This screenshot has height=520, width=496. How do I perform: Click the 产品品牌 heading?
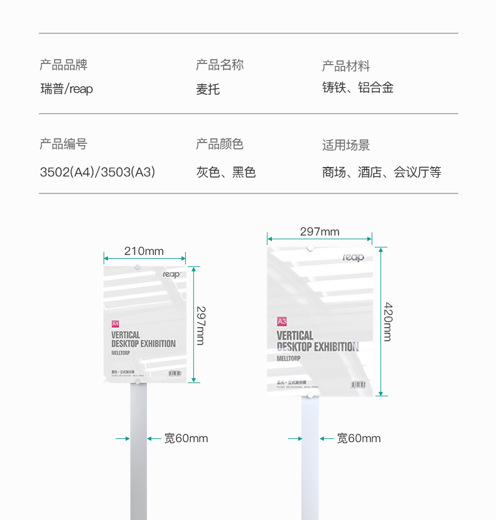(63, 65)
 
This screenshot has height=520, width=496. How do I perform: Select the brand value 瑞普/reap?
(67, 89)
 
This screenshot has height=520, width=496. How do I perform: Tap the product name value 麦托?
(208, 89)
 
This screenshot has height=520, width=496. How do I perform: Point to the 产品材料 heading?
(346, 66)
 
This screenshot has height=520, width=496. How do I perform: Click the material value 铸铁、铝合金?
(358, 88)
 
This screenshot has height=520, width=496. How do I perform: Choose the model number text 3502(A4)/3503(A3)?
(97, 172)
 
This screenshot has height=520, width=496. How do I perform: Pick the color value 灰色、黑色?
(226, 172)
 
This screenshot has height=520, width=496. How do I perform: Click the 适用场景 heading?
(346, 145)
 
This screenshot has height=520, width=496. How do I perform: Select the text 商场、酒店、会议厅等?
(382, 172)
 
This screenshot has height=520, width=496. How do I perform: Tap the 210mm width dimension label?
(144, 251)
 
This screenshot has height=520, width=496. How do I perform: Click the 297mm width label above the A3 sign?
(320, 232)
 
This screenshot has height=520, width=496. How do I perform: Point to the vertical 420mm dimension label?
(388, 322)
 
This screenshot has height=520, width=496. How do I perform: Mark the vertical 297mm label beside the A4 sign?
(200, 325)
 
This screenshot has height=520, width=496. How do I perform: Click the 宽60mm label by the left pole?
(186, 438)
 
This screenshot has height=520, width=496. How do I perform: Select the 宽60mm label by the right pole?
(359, 438)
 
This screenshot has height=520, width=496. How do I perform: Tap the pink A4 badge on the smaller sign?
(115, 324)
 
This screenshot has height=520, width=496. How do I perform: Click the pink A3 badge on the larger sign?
(282, 321)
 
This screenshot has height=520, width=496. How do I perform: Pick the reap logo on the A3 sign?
(353, 257)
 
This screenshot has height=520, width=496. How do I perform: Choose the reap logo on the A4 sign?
(171, 274)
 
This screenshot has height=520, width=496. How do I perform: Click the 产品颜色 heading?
(220, 144)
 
